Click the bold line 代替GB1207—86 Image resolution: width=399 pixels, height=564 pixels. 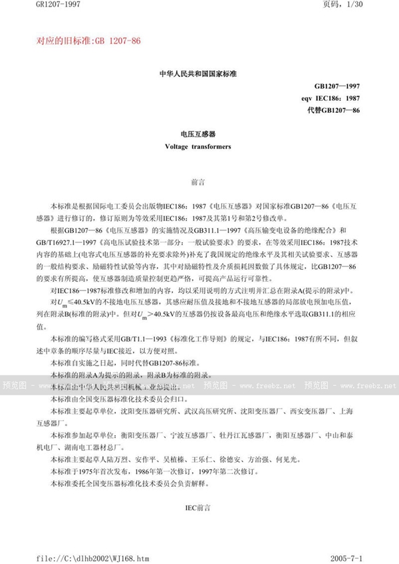tap(336, 108)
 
